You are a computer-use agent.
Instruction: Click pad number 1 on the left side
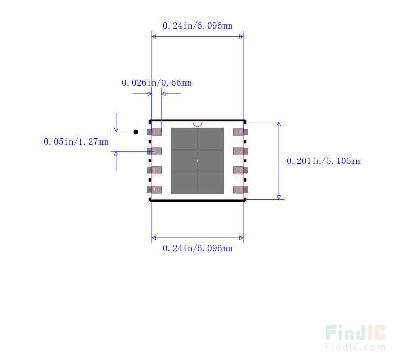pos(155,132)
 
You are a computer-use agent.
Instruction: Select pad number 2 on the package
pos(155,151)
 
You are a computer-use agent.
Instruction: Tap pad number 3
pos(155,170)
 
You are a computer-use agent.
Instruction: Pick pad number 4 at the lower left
pos(155,189)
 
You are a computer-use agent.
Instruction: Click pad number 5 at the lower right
pos(240,189)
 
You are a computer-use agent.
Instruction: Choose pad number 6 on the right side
pos(240,170)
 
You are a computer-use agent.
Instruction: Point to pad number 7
pos(240,151)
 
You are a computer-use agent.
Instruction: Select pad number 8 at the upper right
pos(240,132)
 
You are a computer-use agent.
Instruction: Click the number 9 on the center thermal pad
pos(197,161)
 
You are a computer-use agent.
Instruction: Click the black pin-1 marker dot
pos(136,132)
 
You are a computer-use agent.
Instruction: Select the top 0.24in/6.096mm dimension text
pos(197,26)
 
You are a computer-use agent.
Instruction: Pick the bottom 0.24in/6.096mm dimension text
pos(197,248)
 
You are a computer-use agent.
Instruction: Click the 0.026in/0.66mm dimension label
pos(156,83)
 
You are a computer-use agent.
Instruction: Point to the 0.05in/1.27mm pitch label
pos(76,142)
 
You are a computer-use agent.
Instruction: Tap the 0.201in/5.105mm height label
pos(323,161)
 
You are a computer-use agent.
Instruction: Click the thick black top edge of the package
pos(197,120)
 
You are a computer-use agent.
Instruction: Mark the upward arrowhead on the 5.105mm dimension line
pos(279,125)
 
